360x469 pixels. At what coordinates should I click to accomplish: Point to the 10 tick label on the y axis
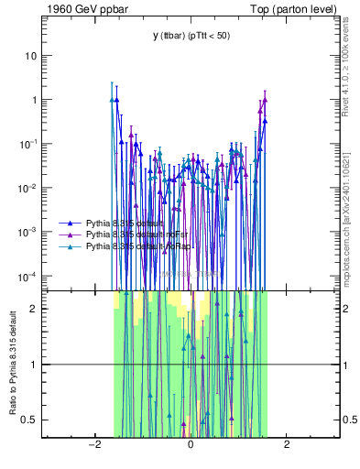point(29,56)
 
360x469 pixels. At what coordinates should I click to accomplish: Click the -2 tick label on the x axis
point(93,445)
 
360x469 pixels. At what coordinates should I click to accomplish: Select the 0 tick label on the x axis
point(191,445)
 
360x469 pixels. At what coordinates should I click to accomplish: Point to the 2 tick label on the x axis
point(287,445)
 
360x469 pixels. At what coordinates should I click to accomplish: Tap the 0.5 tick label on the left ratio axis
point(28,420)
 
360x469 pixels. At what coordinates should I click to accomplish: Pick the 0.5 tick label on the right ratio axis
point(350,420)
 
